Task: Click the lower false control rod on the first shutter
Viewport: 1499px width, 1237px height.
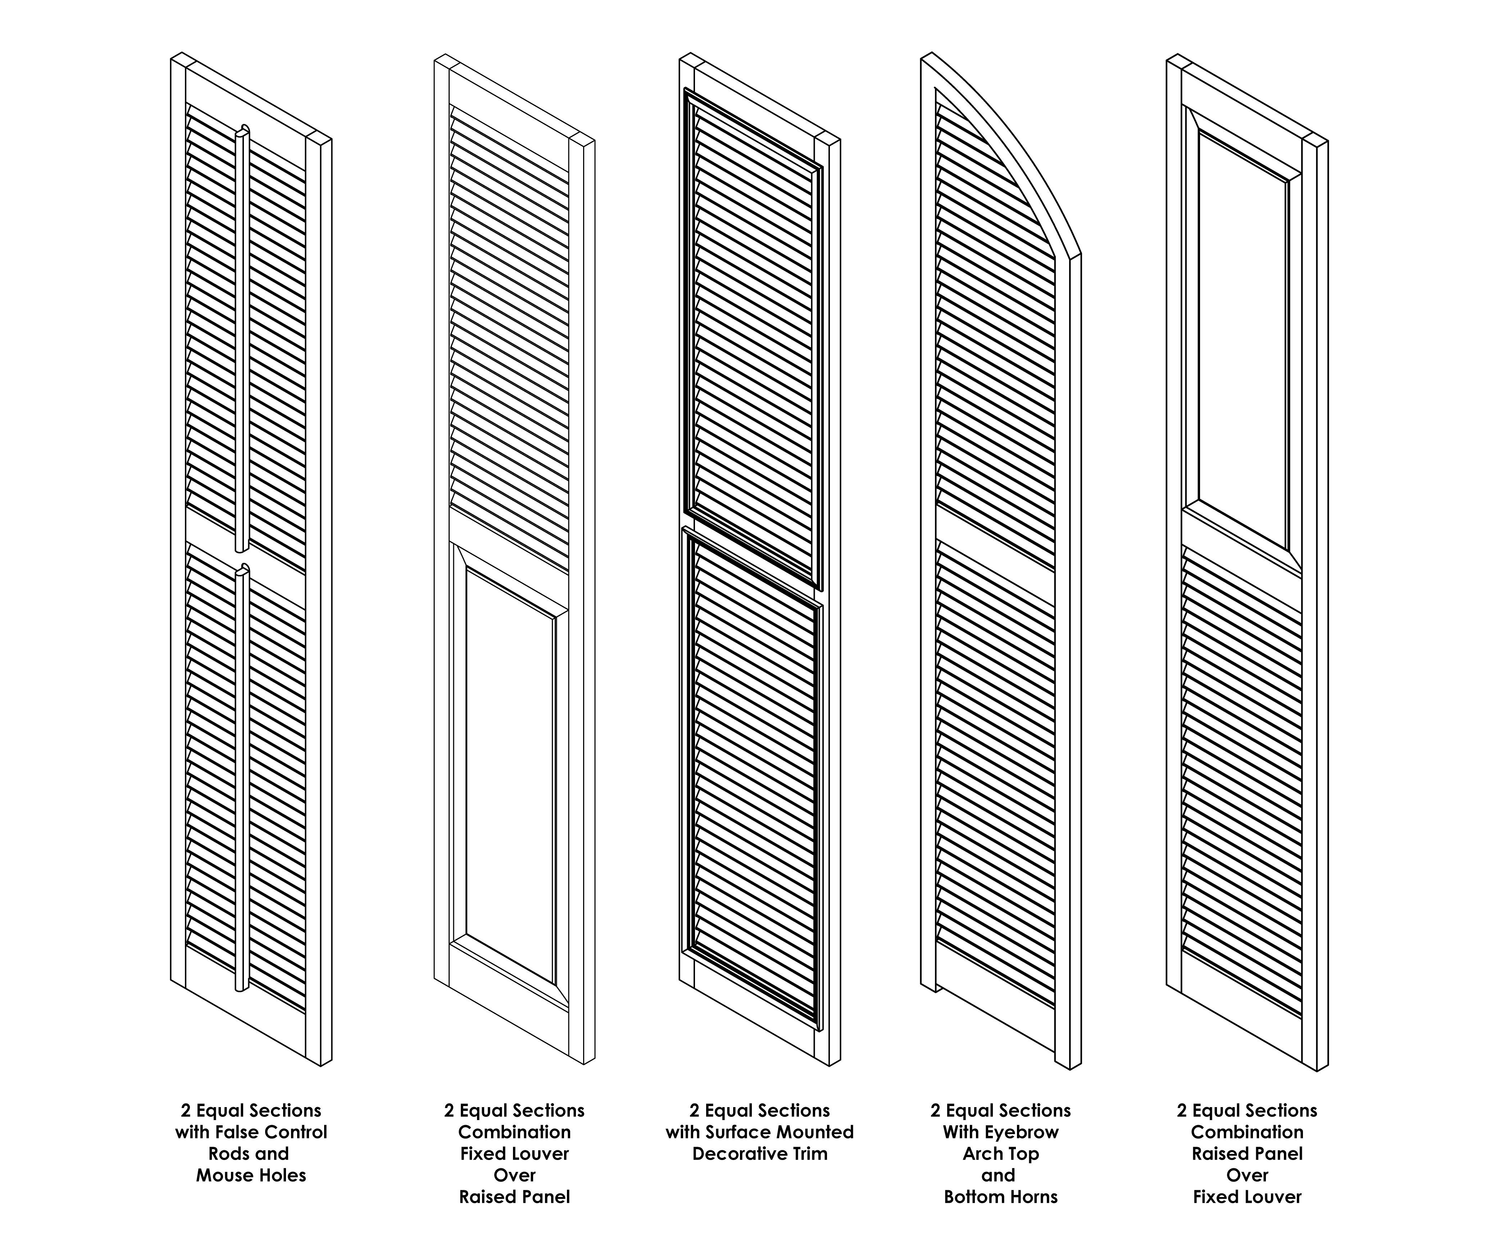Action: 242,777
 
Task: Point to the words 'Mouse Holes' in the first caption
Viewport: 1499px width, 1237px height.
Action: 251,1175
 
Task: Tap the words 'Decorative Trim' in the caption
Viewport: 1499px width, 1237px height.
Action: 759,1154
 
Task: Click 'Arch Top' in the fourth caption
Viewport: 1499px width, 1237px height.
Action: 1000,1154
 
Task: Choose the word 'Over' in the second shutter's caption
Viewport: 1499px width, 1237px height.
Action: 514,1175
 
